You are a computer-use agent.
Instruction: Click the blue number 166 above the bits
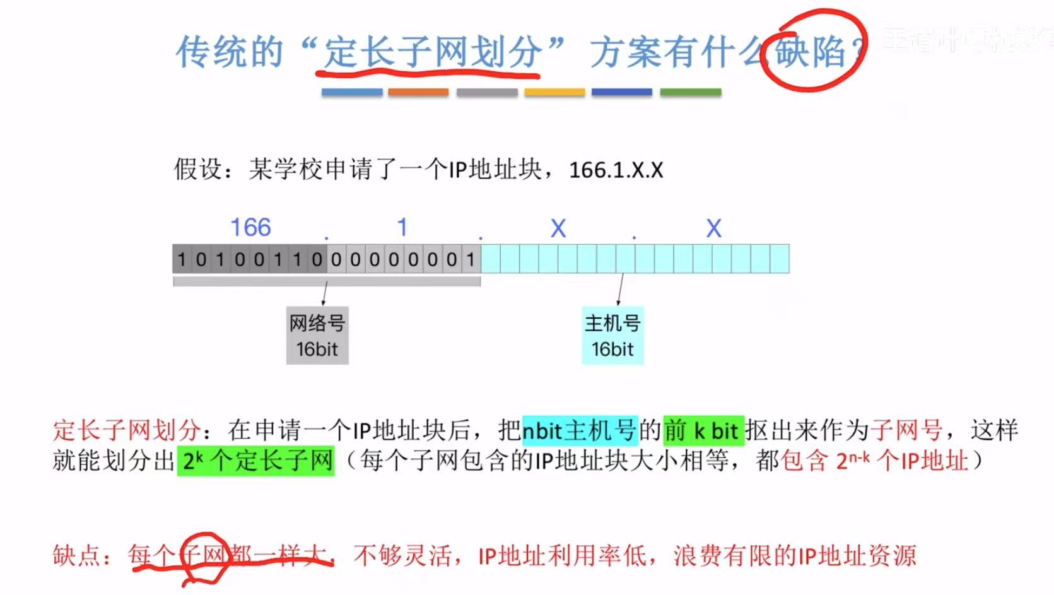[x=250, y=227]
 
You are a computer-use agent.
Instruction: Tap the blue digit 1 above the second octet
[x=402, y=227]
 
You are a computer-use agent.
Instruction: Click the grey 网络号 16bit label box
[x=317, y=336]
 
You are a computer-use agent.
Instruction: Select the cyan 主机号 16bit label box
[x=612, y=336]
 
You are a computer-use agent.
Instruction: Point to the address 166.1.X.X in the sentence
[x=616, y=170]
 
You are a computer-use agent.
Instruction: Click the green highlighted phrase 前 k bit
[x=703, y=430]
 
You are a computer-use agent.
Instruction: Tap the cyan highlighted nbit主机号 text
[x=580, y=430]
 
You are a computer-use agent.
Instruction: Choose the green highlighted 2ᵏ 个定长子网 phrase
[x=256, y=461]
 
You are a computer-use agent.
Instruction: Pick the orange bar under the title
[x=418, y=92]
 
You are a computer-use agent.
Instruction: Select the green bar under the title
[x=690, y=92]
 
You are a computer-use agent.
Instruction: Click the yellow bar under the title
[x=554, y=92]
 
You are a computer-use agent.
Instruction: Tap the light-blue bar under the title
[x=351, y=92]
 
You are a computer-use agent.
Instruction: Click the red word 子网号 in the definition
[x=907, y=430]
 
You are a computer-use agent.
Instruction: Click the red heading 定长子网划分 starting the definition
[x=127, y=430]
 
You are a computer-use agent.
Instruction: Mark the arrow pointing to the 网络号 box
[x=324, y=293]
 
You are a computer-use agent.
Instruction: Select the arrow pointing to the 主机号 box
[x=620, y=290]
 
